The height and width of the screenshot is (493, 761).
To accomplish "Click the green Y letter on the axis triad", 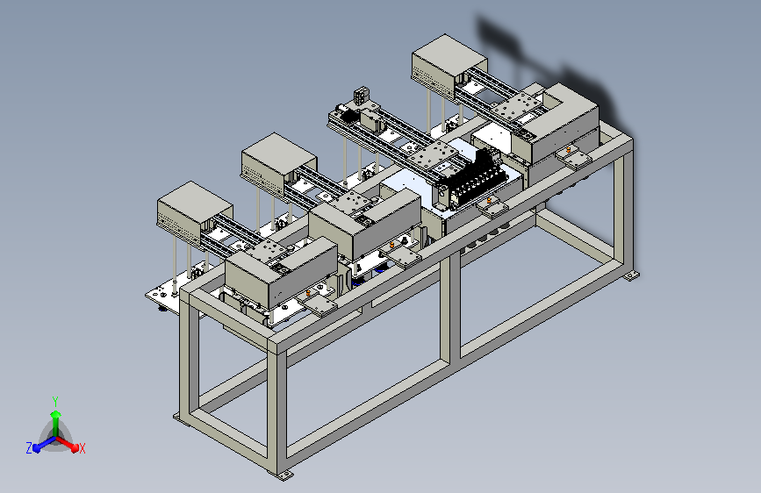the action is (x=55, y=402).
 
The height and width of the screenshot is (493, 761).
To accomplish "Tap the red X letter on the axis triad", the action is (x=82, y=448).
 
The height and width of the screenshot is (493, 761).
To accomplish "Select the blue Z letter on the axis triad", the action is (x=29, y=448).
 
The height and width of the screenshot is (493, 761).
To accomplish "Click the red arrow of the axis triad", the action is (x=67, y=444).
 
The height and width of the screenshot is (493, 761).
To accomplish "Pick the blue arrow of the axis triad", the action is (x=45, y=444).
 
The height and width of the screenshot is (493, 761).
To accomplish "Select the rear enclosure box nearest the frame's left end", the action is (x=194, y=211).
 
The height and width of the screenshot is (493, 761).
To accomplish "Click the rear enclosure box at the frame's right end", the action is (x=449, y=65).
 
